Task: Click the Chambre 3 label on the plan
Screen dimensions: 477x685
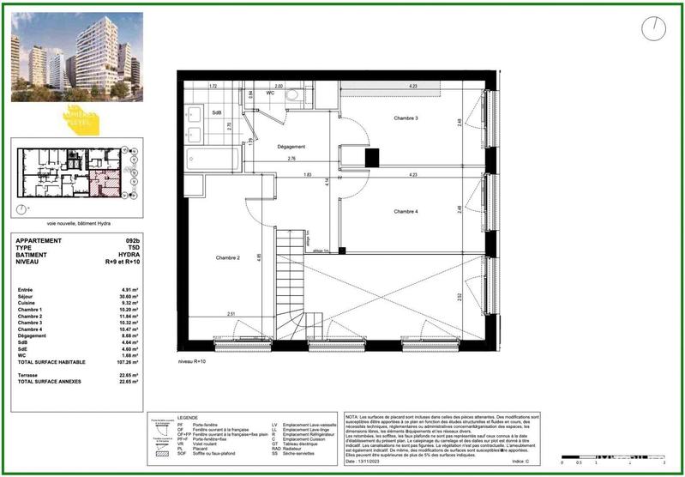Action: pyautogui.click(x=406, y=118)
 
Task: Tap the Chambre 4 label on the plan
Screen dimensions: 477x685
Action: pyautogui.click(x=406, y=211)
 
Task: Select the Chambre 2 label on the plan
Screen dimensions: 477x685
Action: pyautogui.click(x=227, y=258)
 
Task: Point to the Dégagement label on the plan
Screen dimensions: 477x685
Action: pyautogui.click(x=291, y=147)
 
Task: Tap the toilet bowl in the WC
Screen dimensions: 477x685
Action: pyautogui.click(x=291, y=96)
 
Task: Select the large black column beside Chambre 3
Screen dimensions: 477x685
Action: pyautogui.click(x=372, y=158)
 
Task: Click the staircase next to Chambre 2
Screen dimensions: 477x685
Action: pyautogui.click(x=288, y=283)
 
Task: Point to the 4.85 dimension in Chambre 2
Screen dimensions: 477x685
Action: pyautogui.click(x=260, y=257)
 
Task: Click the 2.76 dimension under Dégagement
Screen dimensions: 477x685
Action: pyautogui.click(x=291, y=159)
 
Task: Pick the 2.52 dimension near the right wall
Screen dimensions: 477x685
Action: pyautogui.click(x=460, y=296)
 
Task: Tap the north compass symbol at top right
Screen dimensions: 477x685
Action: pyautogui.click(x=653, y=29)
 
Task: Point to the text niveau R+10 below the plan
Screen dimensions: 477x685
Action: pyautogui.click(x=192, y=363)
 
